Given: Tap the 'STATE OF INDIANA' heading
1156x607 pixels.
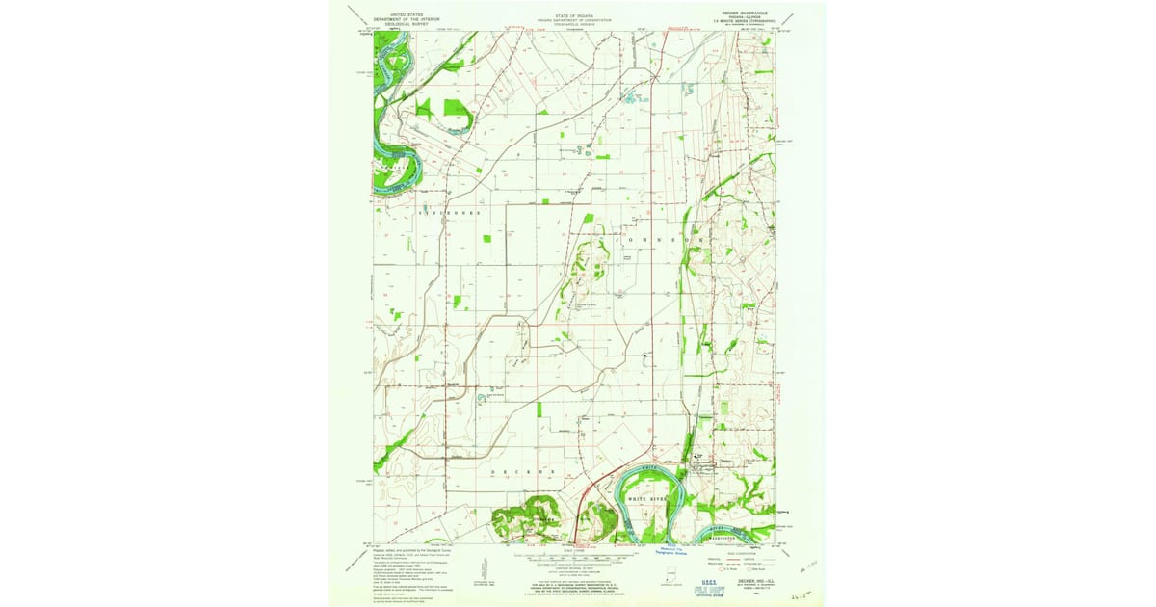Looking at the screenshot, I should (x=575, y=15).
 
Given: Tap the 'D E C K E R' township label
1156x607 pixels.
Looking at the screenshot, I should (x=525, y=470).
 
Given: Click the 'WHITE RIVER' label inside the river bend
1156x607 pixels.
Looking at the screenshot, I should (x=646, y=499).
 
